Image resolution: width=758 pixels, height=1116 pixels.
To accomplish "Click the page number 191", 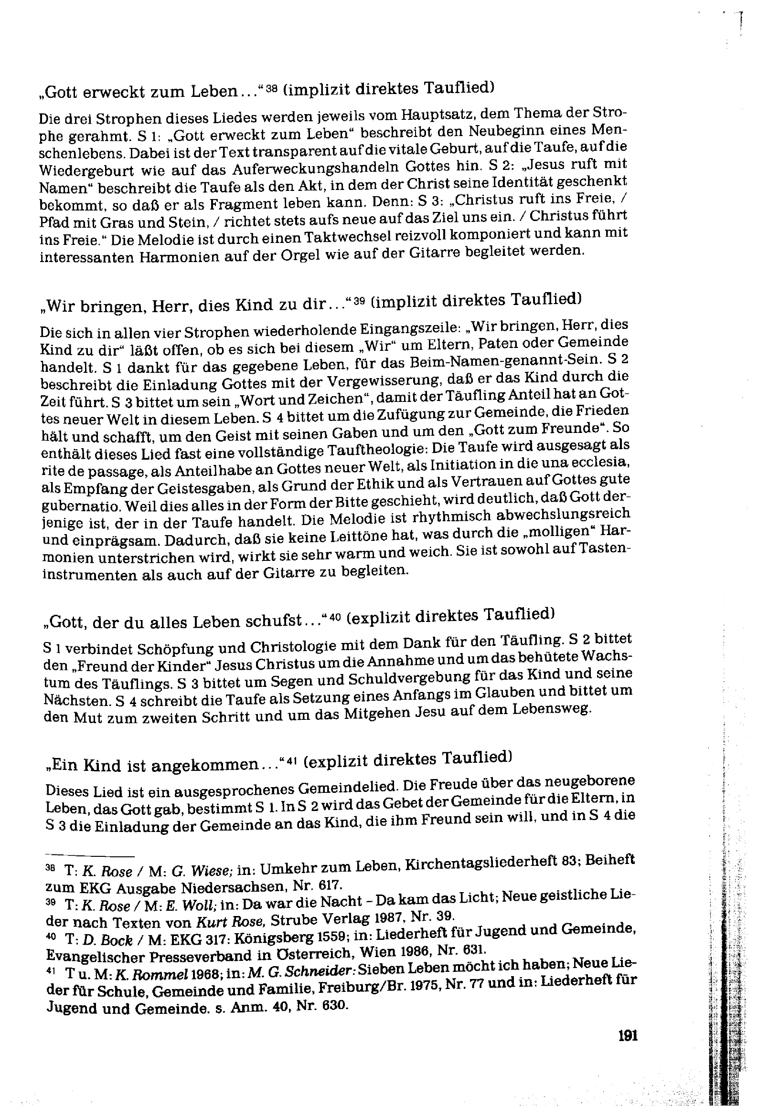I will (x=628, y=1036).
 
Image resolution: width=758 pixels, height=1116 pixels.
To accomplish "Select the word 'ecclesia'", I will (x=601, y=462).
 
